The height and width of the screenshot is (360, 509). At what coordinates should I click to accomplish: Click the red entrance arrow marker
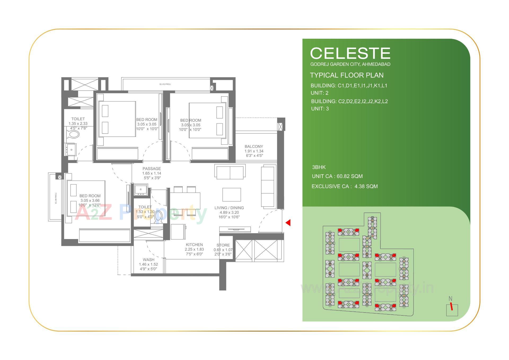[x=288, y=223]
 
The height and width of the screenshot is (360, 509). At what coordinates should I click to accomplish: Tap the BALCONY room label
[x=254, y=146]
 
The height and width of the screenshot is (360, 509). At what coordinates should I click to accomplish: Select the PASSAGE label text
[x=152, y=169]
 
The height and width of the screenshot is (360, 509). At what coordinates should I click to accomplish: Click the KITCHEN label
[x=194, y=245]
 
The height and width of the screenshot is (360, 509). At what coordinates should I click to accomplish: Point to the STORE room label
[x=223, y=245]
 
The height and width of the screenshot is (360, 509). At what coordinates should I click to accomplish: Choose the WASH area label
[x=148, y=260]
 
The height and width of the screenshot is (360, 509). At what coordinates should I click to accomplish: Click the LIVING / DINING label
[x=229, y=208]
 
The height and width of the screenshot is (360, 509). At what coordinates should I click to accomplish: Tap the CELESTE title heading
[x=350, y=53]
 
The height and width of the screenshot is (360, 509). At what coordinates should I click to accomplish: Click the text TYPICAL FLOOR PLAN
[x=346, y=75]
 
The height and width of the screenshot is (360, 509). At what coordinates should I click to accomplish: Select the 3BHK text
[x=319, y=167]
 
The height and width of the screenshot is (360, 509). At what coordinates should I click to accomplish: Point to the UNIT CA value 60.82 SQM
[x=349, y=176]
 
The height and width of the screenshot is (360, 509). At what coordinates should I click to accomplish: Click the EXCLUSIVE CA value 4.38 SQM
[x=366, y=186]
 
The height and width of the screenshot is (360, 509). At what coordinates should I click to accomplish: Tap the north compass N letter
[x=450, y=299]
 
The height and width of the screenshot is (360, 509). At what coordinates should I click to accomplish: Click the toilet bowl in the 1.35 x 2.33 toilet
[x=73, y=135]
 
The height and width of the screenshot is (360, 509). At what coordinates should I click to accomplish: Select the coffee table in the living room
[x=231, y=194]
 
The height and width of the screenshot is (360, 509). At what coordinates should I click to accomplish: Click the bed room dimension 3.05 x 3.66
[x=90, y=201]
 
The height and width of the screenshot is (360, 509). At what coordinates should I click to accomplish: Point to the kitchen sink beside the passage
[x=140, y=189]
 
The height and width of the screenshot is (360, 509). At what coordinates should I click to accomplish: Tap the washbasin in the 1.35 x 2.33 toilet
[x=71, y=150]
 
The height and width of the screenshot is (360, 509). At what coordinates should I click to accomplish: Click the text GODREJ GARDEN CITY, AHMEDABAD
[x=350, y=64]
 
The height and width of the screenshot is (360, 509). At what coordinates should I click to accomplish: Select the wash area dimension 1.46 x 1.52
[x=148, y=264]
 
